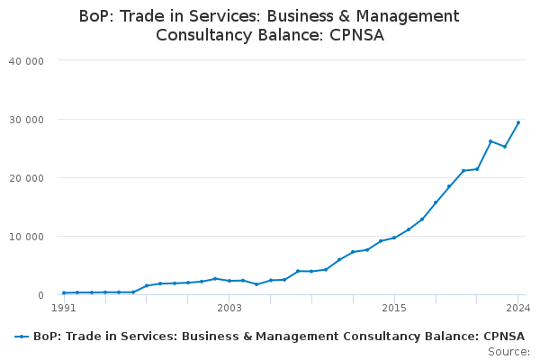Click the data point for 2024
(518, 122)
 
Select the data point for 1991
(64, 292)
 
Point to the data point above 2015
(394, 238)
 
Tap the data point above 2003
(229, 281)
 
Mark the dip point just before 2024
(505, 147)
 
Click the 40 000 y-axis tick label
(26, 61)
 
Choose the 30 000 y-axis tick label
(26, 120)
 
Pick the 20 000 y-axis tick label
(26, 178)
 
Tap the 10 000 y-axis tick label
(26, 237)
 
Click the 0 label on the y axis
(41, 295)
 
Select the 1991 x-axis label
(64, 308)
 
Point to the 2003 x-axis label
(229, 308)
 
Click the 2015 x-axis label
(394, 308)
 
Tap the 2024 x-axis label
(518, 308)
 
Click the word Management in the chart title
(408, 16)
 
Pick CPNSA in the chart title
(356, 35)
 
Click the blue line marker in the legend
(22, 337)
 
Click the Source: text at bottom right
(509, 352)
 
